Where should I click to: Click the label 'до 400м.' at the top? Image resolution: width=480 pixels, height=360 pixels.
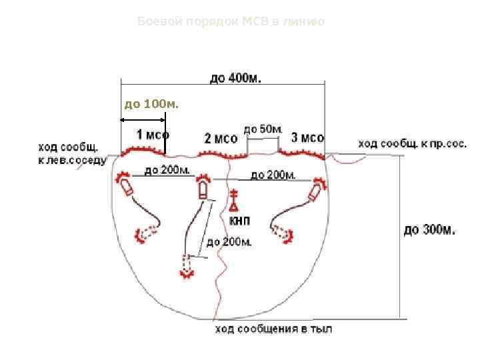236,79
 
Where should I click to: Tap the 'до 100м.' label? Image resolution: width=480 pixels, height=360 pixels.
152,105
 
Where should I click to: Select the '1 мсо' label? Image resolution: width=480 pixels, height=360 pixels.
153,134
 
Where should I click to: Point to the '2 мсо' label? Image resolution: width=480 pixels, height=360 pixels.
221,139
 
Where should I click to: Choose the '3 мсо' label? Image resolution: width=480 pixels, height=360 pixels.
308,137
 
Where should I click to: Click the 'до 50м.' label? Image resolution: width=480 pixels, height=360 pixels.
263,128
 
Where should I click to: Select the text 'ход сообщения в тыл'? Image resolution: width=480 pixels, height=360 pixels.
273,329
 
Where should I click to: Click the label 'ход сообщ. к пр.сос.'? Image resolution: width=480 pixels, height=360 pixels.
413,143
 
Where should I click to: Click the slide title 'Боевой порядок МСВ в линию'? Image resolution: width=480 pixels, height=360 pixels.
231,22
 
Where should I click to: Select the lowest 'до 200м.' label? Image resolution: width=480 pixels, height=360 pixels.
229,242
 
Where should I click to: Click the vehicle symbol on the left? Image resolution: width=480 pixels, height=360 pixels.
125,185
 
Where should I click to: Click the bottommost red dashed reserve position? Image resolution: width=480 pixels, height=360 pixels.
186,266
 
